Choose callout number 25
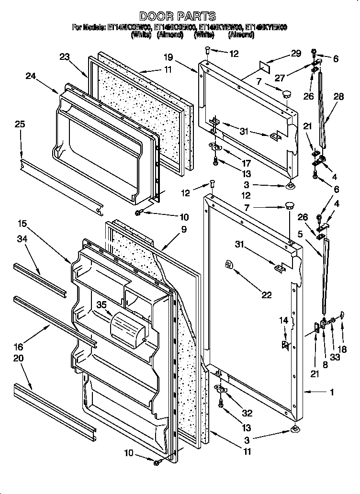pos(20,124)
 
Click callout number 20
pos(18,358)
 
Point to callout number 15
pos(22,223)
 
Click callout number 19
pos(168,57)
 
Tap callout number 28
pos(338,96)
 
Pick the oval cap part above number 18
pos(342,314)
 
